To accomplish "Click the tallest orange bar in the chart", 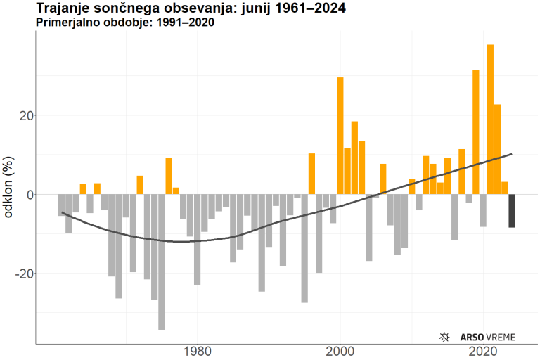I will [490, 120].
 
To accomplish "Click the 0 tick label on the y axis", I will [27, 194].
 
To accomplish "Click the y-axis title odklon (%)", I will [9, 191].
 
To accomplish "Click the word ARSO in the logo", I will [471, 337].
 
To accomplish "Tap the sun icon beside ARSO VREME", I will [444, 337].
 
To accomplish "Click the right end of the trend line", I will [512, 153].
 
